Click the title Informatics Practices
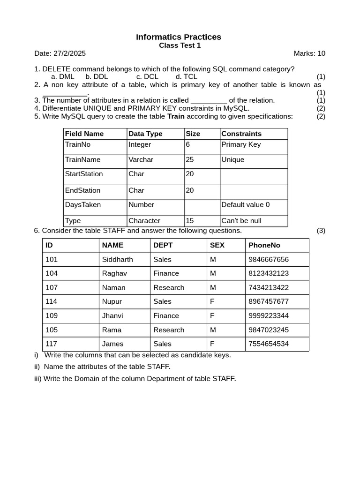[x=179, y=37]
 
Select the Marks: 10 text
[x=309, y=53]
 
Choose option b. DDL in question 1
[x=97, y=76]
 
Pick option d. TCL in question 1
[x=186, y=76]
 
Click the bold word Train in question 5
[x=176, y=116]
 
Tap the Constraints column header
[x=241, y=134]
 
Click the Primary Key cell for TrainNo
[x=241, y=144]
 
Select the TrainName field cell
[x=82, y=159]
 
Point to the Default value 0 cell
[x=245, y=204]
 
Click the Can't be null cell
[x=241, y=221]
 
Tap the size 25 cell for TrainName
[x=190, y=159]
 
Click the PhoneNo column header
[x=264, y=245]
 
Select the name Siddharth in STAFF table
[x=117, y=259]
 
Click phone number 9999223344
[x=269, y=315]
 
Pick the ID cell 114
[x=52, y=301]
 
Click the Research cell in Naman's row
[x=169, y=287]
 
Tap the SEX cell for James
[x=212, y=344]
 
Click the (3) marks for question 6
[x=321, y=231]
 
